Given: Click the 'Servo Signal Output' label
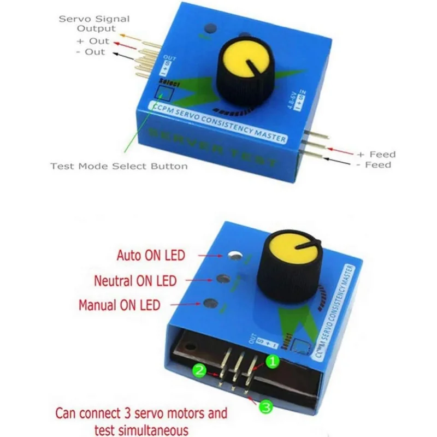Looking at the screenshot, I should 95,23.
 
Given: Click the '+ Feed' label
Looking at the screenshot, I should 376,155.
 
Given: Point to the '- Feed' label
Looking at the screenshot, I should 376,164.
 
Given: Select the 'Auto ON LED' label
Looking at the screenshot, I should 151,255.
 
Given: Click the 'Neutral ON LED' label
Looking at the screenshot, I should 135,281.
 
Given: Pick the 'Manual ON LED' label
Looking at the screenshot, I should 120,305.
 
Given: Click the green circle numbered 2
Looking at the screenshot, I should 200,371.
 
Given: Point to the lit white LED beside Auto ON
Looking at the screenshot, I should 235,255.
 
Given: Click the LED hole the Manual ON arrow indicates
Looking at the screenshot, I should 208,304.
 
